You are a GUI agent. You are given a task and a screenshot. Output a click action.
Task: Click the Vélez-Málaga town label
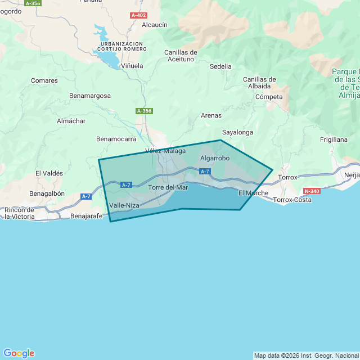(165, 151)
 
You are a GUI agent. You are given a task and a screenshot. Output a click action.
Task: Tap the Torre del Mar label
(168, 187)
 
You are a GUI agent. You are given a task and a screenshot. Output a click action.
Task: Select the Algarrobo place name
(215, 158)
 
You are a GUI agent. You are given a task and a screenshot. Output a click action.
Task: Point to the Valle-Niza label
(124, 205)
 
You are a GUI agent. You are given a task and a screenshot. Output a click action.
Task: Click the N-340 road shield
(311, 191)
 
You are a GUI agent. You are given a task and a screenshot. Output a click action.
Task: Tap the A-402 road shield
(138, 15)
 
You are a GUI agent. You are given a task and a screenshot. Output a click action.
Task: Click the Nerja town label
(352, 175)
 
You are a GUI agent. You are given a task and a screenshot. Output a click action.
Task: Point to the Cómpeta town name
(269, 97)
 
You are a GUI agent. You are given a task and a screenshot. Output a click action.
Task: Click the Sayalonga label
(237, 132)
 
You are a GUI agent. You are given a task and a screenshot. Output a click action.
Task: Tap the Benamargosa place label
(90, 96)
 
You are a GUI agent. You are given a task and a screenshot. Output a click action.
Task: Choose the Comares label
(44, 80)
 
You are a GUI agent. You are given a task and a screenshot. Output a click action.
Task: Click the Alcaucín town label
(155, 25)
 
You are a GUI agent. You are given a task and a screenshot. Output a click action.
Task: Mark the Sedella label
(220, 66)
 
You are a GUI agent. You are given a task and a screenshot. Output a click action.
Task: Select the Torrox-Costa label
(292, 200)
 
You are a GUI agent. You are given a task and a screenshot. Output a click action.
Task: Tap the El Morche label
(253, 193)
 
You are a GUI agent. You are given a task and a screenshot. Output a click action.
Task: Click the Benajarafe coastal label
(87, 215)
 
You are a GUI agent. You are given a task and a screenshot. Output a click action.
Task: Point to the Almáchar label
(71, 121)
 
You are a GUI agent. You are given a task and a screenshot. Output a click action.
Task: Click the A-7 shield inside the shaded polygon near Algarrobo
(205, 172)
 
